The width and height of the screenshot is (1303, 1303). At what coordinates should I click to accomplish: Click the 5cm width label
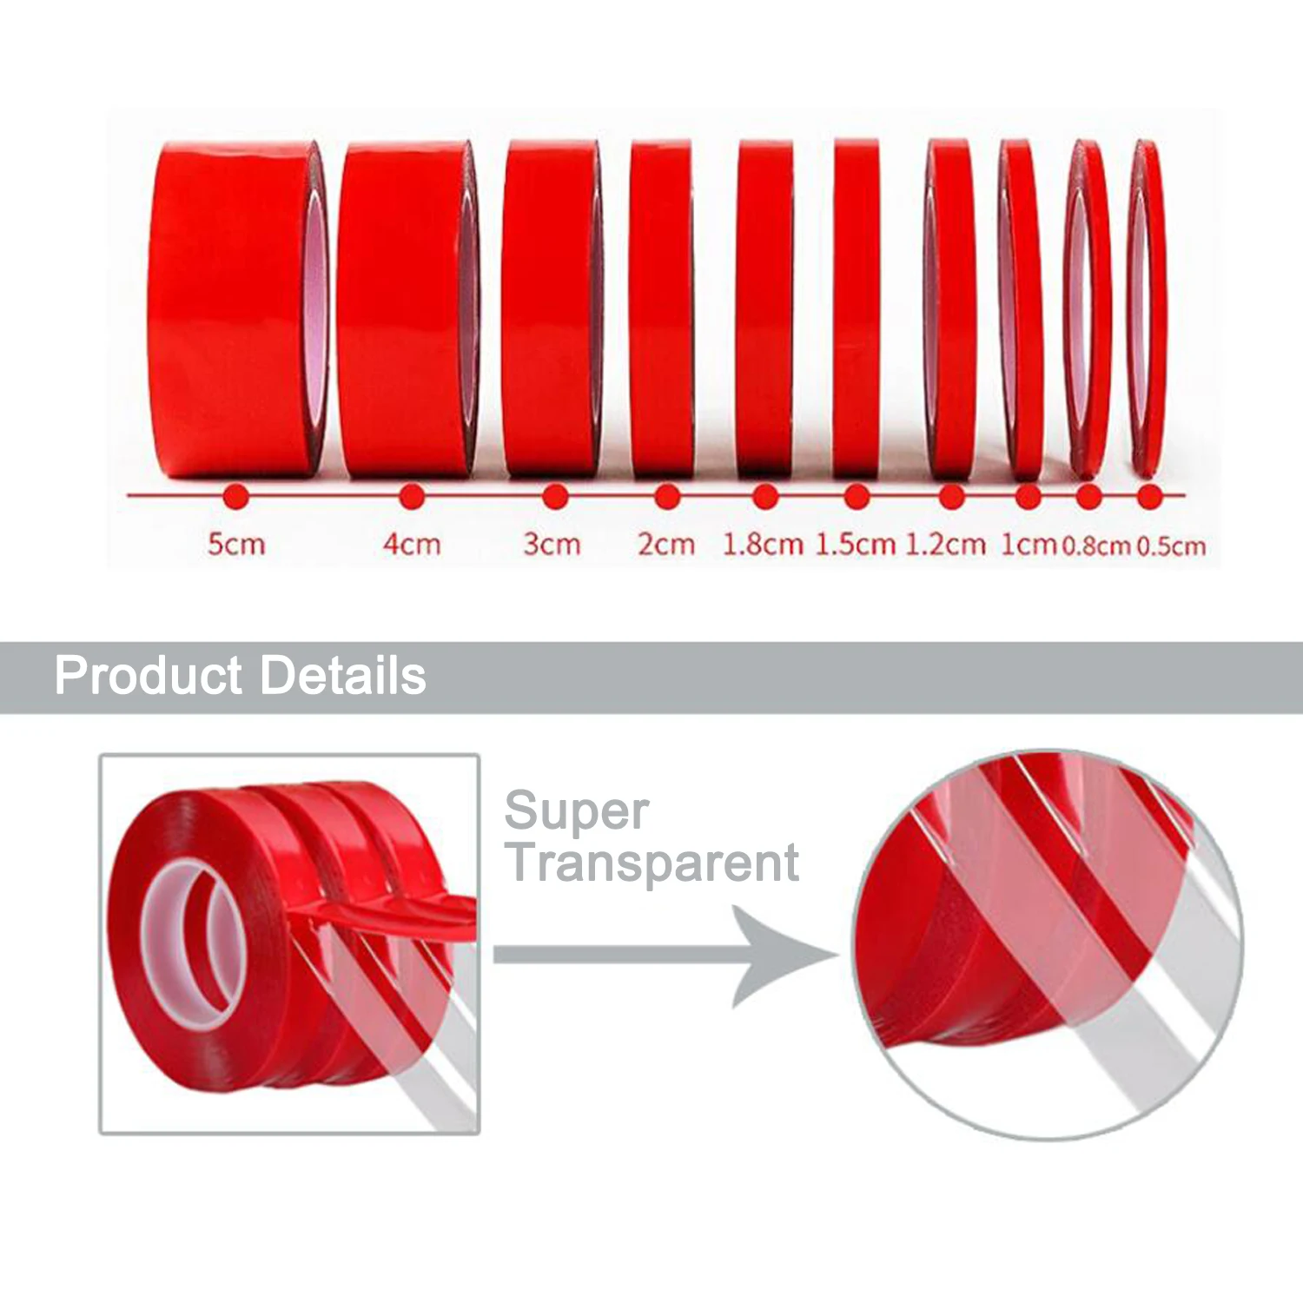pyautogui.click(x=235, y=545)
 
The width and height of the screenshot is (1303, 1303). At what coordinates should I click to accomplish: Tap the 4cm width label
pyautogui.click(x=412, y=545)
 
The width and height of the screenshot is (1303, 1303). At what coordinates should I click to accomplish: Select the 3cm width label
pyautogui.click(x=552, y=545)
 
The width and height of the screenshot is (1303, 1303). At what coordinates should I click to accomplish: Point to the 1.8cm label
pyautogui.click(x=763, y=545)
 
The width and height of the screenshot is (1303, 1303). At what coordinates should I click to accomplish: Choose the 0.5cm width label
pyautogui.click(x=1171, y=546)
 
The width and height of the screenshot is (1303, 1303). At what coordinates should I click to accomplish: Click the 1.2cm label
pyautogui.click(x=945, y=545)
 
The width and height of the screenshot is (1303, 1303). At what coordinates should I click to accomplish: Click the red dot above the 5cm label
pyautogui.click(x=235, y=497)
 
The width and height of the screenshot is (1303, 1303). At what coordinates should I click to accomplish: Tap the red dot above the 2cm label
pyautogui.click(x=666, y=497)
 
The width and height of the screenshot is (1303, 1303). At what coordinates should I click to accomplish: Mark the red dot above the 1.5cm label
pyautogui.click(x=856, y=497)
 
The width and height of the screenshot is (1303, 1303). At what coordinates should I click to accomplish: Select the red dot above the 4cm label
pyautogui.click(x=412, y=497)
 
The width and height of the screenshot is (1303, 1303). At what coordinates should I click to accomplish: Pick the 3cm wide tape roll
pyautogui.click(x=552, y=308)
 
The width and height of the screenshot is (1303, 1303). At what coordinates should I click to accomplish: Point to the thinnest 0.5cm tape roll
pyautogui.click(x=1147, y=308)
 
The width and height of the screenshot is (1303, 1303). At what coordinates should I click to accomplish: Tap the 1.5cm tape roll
pyautogui.click(x=857, y=308)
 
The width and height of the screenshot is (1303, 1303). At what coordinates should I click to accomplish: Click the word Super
pyautogui.click(x=576, y=812)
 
